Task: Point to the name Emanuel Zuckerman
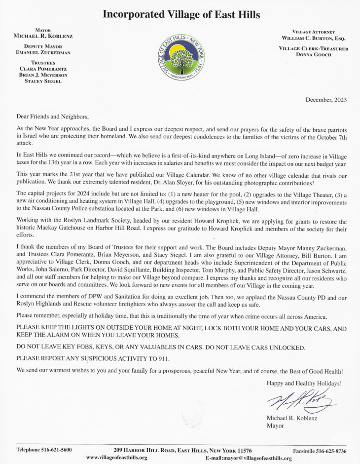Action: (43, 53)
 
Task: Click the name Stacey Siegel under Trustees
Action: (43, 81)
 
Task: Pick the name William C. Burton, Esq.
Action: (314, 38)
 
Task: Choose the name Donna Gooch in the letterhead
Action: (314, 55)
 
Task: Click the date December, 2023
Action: (326, 100)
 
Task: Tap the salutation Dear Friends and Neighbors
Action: (52, 117)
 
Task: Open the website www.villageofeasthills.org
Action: (116, 458)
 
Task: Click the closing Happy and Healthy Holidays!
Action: (304, 383)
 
